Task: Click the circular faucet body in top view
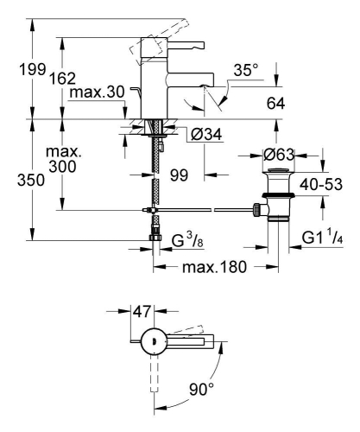tap(154, 342)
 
